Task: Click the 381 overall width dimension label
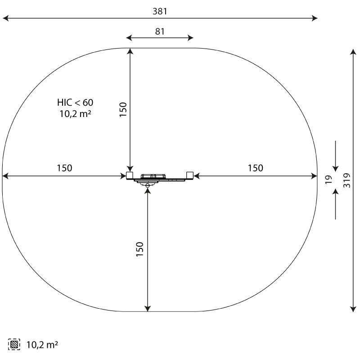tap(160, 11)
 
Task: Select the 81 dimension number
tap(160, 31)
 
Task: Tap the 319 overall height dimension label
tap(347, 180)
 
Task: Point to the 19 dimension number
tap(329, 179)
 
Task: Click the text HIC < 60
tap(75, 103)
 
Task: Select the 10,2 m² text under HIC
tap(75, 114)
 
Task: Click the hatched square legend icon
tap(14, 344)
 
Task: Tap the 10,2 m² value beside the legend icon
tap(42, 345)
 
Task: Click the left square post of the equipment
tap(130, 175)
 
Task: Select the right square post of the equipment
tap(190, 175)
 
